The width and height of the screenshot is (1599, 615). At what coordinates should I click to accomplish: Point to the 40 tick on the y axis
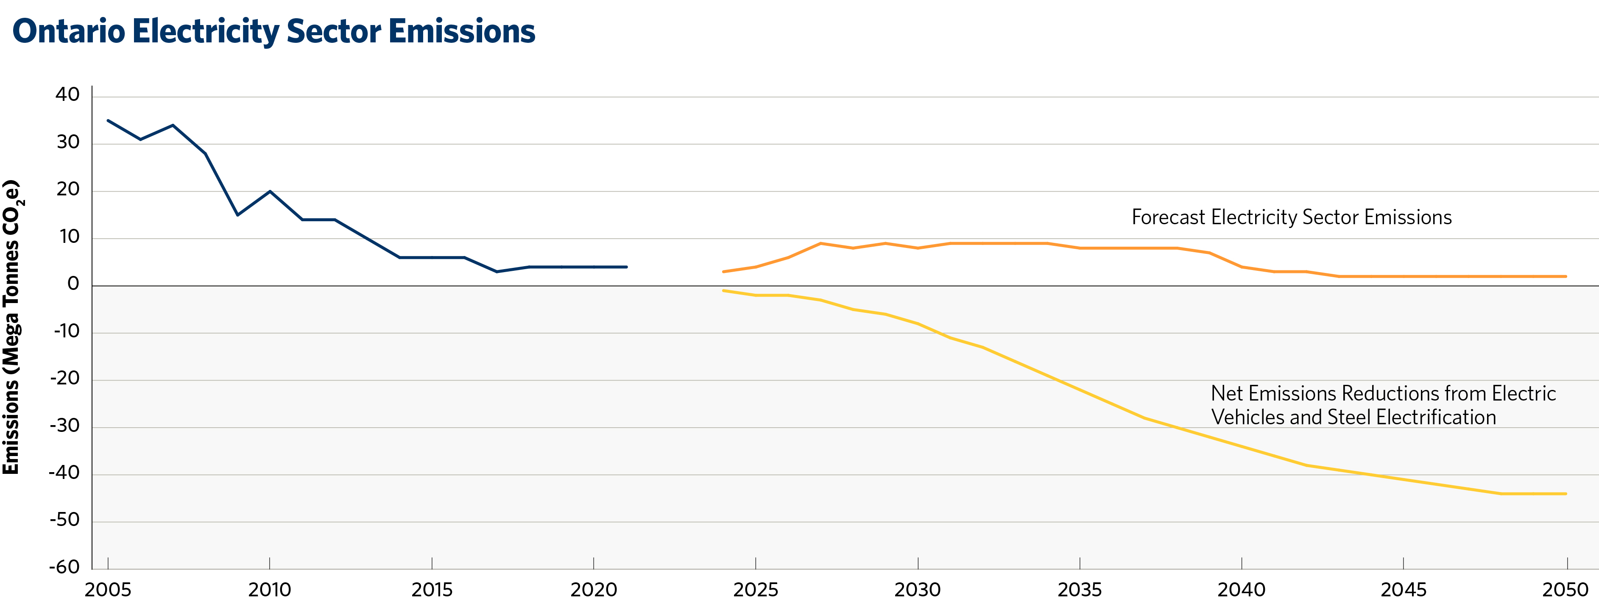pos(68,95)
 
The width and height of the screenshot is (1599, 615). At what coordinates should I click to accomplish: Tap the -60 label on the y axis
pos(64,567)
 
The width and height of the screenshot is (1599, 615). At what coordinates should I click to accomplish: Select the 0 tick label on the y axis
pos(73,284)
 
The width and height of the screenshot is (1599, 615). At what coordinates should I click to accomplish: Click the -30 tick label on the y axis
pos(64,426)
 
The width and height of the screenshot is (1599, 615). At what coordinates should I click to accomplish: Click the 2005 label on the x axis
pos(108,590)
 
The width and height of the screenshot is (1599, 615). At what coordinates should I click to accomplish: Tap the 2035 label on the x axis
pos(1080,590)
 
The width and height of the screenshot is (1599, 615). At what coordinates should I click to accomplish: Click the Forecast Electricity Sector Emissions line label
pos(1291,217)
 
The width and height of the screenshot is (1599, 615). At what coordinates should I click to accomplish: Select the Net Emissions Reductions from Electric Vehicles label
pos(1383,405)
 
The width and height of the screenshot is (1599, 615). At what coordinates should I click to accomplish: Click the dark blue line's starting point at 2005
pos(108,120)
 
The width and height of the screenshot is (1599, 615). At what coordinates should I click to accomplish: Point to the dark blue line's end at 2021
pos(626,267)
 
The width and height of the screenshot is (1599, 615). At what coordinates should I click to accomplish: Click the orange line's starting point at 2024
pos(724,272)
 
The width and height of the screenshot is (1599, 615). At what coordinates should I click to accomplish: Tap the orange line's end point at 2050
pos(1566,276)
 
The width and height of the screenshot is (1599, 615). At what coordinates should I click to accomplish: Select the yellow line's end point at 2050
pos(1566,494)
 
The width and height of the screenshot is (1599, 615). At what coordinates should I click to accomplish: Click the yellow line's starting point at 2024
pos(724,290)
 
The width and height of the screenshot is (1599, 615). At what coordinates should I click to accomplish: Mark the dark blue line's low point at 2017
pos(497,272)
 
